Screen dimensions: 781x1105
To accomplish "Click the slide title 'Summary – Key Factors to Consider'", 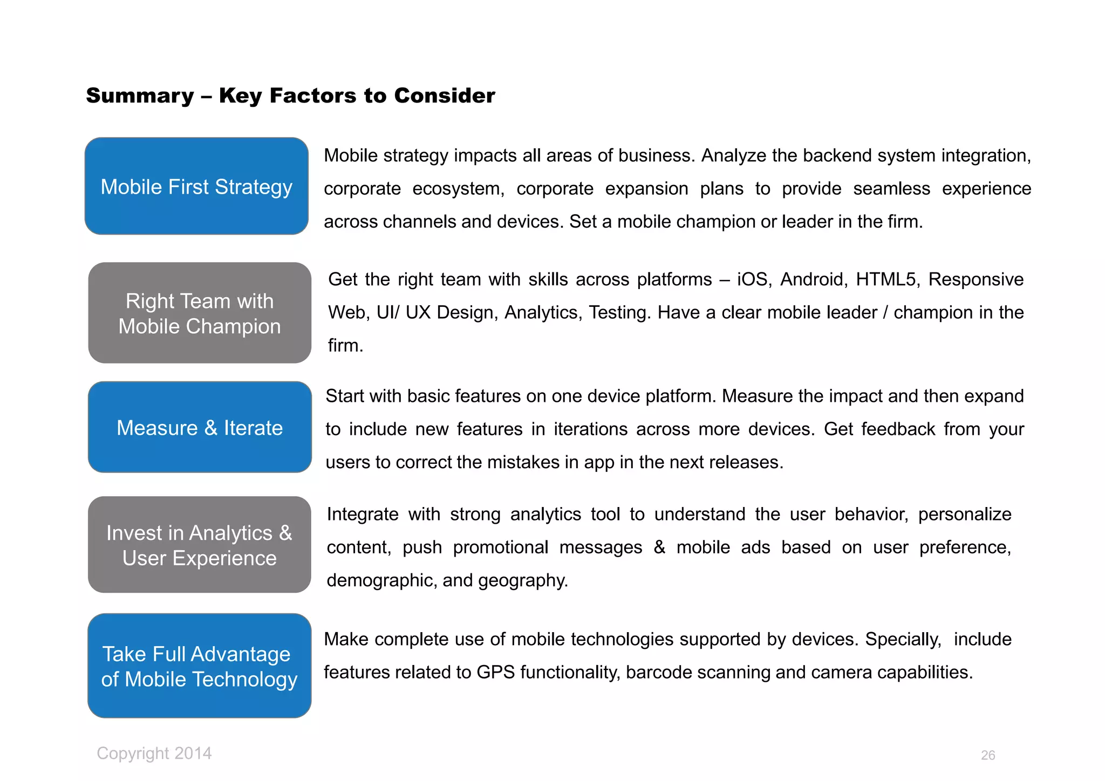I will [290, 96].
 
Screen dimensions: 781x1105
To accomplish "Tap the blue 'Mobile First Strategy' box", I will [196, 186].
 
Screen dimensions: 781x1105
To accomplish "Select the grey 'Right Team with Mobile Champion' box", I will [200, 313].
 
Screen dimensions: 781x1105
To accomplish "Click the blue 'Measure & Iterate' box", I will [200, 427].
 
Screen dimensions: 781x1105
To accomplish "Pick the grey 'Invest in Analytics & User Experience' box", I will [199, 545].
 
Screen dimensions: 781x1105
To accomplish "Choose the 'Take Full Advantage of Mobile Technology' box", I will [199, 666].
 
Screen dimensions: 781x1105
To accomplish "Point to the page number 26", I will [988, 755].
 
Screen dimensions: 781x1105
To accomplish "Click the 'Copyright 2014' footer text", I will [154, 753].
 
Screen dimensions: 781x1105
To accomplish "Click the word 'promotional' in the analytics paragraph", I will [500, 547].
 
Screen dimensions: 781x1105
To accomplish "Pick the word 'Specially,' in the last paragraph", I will [903, 639].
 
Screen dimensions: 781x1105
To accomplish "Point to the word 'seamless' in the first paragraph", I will [891, 189].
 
